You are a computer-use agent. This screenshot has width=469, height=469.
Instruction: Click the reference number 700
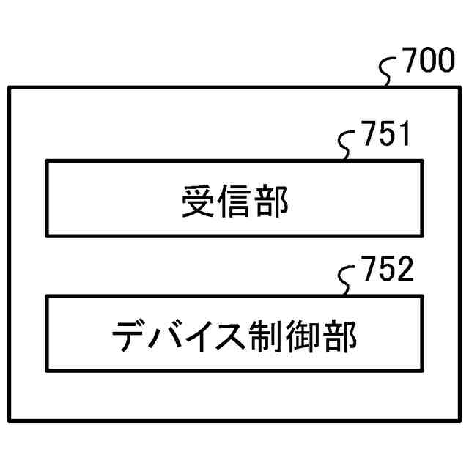point(428,63)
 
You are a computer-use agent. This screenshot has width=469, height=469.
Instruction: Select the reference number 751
point(385,136)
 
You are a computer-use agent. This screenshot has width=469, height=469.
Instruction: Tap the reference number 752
point(386,271)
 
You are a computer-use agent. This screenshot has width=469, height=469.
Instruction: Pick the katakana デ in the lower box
point(130,336)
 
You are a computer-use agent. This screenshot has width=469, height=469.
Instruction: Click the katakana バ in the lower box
point(164,336)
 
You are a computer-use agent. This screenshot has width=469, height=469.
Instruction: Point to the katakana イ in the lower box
point(198,336)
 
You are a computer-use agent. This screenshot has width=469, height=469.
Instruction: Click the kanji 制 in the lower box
point(268,336)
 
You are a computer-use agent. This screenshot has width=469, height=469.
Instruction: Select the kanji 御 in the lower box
point(303,336)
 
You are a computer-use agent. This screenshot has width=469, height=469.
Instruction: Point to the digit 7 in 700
point(410,63)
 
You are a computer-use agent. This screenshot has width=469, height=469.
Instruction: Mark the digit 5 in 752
point(386,271)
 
